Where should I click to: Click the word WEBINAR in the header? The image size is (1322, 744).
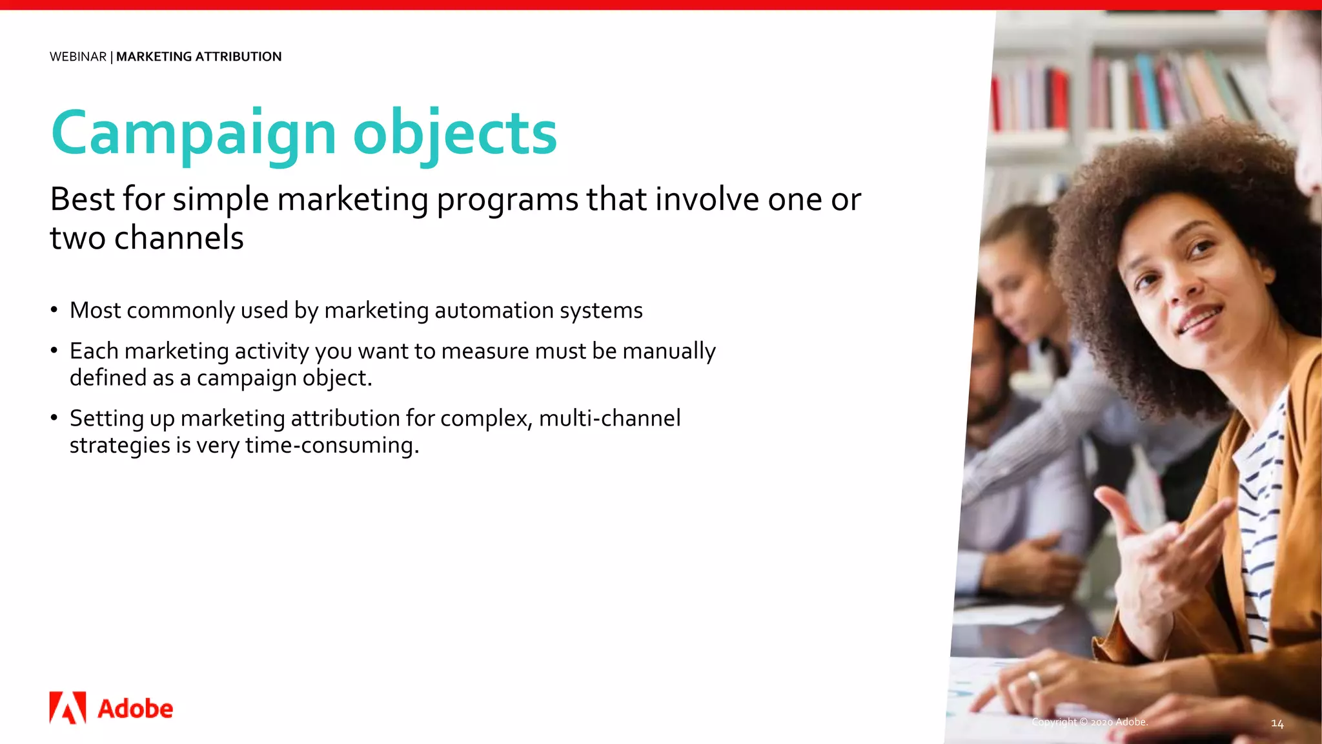coord(78,57)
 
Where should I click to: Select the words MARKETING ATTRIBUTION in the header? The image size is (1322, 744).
coord(199,57)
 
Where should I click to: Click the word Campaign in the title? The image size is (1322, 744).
coord(193,134)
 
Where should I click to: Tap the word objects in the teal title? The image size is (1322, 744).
coord(454,134)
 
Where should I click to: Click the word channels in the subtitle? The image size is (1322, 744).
coord(179,238)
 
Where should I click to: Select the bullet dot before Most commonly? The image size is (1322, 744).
coord(55,310)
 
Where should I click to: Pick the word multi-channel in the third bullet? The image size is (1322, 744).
coord(609,418)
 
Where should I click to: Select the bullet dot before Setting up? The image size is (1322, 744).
coord(55,418)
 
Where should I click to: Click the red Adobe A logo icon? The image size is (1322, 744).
coord(68,708)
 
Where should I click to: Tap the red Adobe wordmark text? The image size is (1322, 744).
coord(136,709)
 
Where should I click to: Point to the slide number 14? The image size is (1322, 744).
coord(1277,723)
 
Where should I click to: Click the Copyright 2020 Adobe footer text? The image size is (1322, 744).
coord(1090,722)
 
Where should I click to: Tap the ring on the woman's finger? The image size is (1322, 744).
coord(1033,679)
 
